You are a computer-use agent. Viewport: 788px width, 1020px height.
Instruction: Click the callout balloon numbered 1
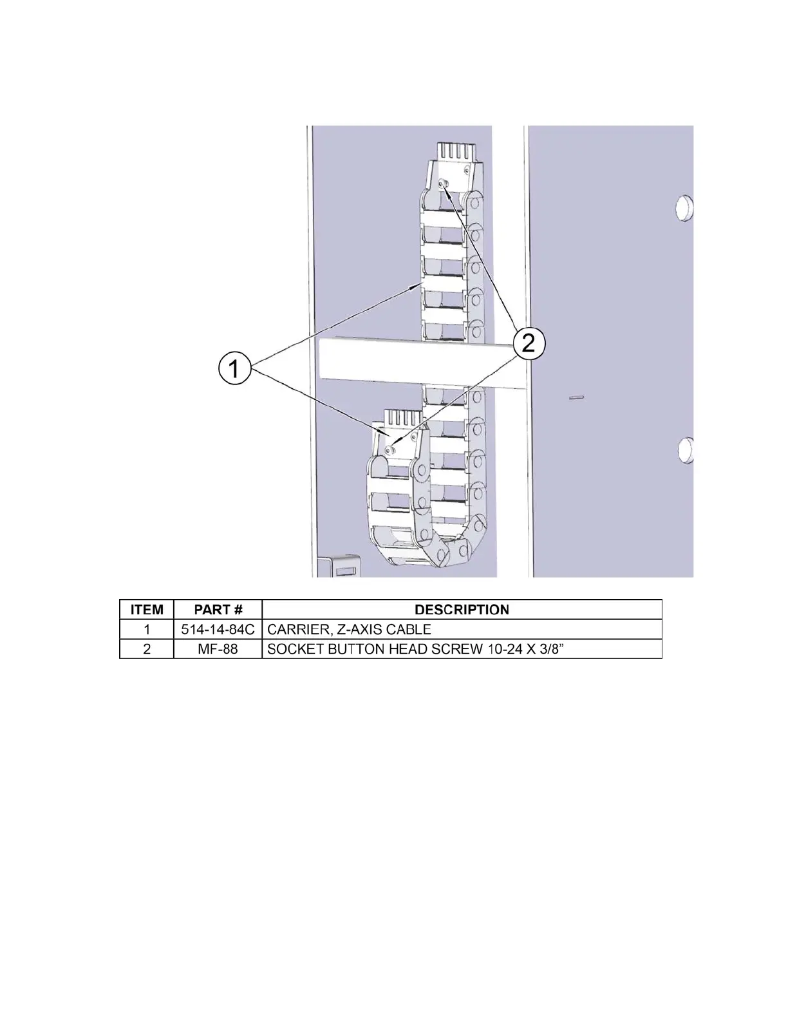click(235, 370)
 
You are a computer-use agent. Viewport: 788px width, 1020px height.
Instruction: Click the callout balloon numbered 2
click(529, 343)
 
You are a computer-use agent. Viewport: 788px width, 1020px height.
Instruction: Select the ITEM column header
click(147, 610)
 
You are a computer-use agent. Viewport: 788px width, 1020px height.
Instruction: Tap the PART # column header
click(218, 610)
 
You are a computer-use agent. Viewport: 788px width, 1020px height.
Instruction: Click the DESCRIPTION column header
click(462, 610)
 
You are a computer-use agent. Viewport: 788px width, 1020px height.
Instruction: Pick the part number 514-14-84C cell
click(218, 629)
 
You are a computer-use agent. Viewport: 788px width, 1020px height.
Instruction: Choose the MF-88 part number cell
click(218, 649)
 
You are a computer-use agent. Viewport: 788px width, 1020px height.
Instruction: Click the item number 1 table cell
click(147, 629)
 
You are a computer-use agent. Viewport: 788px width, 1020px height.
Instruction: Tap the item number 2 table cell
click(147, 649)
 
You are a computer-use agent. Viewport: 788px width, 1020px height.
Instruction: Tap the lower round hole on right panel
click(685, 449)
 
